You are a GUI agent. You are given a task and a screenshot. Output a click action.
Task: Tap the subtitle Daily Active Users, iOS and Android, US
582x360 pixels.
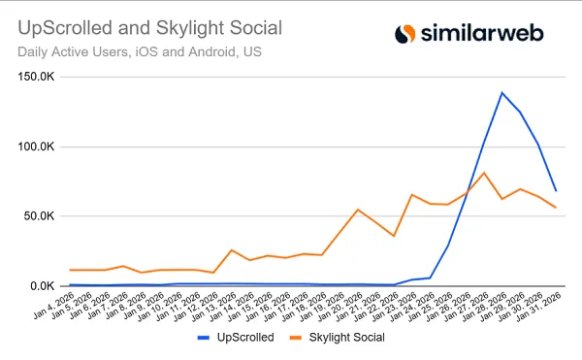click(x=138, y=50)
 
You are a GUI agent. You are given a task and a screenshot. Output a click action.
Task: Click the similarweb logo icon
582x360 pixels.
click(x=405, y=34)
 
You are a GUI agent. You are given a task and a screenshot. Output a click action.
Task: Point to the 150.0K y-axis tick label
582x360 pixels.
click(x=42, y=78)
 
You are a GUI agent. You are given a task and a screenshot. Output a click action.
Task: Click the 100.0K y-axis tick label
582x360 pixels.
click(x=42, y=147)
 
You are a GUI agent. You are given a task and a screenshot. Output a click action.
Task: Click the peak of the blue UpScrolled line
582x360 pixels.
click(x=501, y=93)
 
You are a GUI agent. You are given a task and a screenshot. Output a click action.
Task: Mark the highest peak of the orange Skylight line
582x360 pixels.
click(x=484, y=173)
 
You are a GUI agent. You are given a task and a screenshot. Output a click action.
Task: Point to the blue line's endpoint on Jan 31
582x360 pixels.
click(x=556, y=191)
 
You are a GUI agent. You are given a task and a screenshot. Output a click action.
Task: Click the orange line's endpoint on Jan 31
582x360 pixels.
click(x=556, y=208)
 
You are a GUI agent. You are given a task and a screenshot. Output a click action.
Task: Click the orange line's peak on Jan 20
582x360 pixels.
click(x=358, y=210)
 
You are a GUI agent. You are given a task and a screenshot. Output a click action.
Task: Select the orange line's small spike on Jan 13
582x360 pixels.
click(x=232, y=250)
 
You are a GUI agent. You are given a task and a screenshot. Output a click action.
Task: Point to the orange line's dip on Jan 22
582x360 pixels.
click(x=394, y=236)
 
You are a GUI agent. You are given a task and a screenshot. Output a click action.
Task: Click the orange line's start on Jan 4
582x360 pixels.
click(x=70, y=270)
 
